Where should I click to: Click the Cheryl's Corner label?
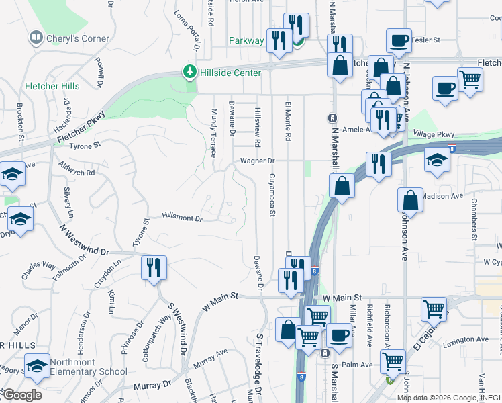pyautogui.click(x=76, y=38)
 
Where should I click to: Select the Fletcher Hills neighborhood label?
pyautogui.click(x=52, y=86)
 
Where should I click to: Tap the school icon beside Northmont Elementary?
pyautogui.click(x=37, y=365)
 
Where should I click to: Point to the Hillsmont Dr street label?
pyautogui.click(x=182, y=218)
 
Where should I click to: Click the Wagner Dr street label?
pyautogui.click(x=258, y=161)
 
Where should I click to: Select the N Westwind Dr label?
pyautogui.click(x=84, y=240)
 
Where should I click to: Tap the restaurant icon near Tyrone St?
pyautogui.click(x=154, y=267)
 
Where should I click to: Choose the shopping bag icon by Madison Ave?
pyautogui.click(x=410, y=200)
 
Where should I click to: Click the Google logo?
pyautogui.click(x=21, y=394)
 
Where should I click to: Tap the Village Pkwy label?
pyautogui.click(x=434, y=134)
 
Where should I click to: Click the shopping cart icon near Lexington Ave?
pyautogui.click(x=434, y=309)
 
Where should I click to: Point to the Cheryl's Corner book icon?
pyautogui.click(x=36, y=38)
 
